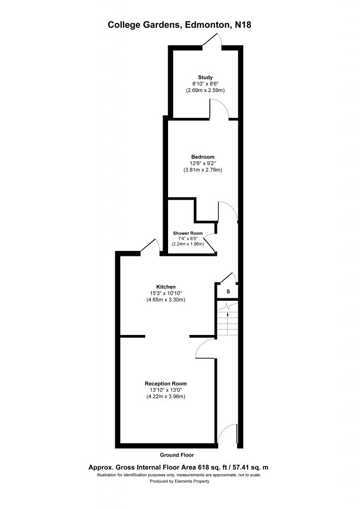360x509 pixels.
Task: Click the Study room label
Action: click(x=205, y=77)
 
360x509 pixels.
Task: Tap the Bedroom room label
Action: click(x=202, y=157)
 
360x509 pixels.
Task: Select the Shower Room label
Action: click(x=187, y=233)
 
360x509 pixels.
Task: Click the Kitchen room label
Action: click(x=166, y=287)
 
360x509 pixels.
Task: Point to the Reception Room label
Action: click(x=166, y=384)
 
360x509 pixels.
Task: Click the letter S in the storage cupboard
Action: click(x=228, y=291)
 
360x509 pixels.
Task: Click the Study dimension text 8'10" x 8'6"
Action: click(x=205, y=84)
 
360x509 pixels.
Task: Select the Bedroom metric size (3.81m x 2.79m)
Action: click(x=202, y=170)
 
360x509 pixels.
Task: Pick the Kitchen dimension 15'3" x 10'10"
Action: click(x=166, y=293)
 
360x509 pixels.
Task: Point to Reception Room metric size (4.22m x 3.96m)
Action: click(x=166, y=396)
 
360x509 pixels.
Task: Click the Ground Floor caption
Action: click(x=177, y=455)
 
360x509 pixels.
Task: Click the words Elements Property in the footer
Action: click(x=192, y=481)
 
